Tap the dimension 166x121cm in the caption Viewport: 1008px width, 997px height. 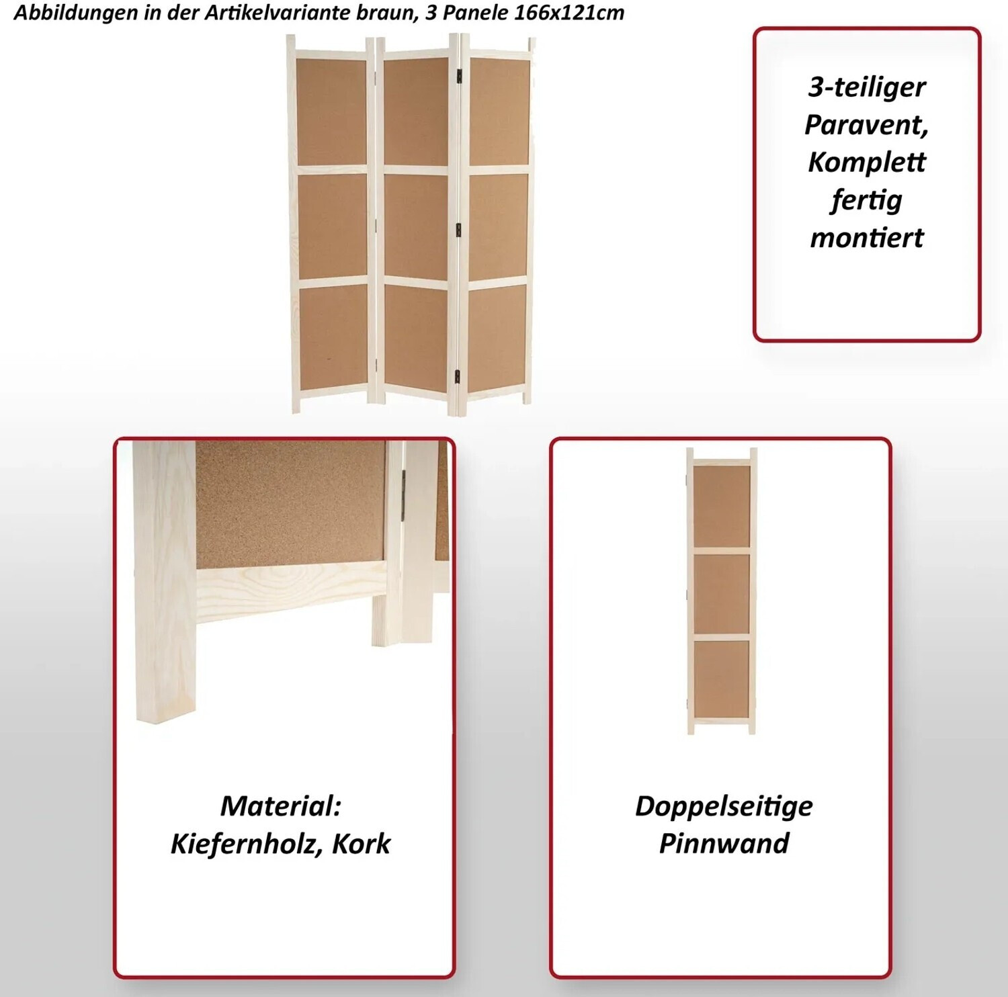pyautogui.click(x=569, y=13)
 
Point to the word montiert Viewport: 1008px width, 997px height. pyautogui.click(x=867, y=238)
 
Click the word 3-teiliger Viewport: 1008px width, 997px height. pyautogui.click(x=867, y=88)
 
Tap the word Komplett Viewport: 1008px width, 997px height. pyautogui.click(x=867, y=162)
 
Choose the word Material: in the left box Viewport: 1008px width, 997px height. pyautogui.click(x=281, y=806)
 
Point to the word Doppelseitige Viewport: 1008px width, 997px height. pyautogui.click(x=724, y=807)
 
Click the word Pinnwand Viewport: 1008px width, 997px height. pyautogui.click(x=724, y=844)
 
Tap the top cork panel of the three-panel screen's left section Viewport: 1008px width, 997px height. pyautogui.click(x=331, y=111)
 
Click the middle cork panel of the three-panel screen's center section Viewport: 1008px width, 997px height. pyautogui.click(x=416, y=226)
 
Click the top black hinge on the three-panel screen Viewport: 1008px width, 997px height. pyautogui.click(x=460, y=78)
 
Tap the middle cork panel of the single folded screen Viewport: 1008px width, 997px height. pyautogui.click(x=722, y=593)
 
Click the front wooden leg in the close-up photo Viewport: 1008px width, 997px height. pyautogui.click(x=165, y=582)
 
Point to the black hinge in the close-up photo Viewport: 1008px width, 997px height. pyautogui.click(x=404, y=494)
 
